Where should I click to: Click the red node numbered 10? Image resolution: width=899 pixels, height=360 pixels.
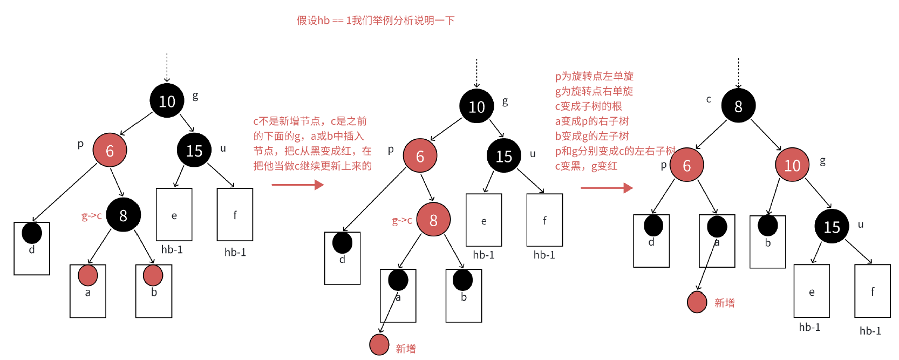(x=792, y=165)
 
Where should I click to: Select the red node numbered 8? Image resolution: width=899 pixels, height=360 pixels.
(x=433, y=220)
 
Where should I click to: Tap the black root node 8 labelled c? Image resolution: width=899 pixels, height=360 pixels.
(x=738, y=106)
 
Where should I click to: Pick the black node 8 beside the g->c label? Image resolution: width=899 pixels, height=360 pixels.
(x=123, y=215)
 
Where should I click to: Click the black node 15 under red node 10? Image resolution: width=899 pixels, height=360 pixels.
(x=832, y=226)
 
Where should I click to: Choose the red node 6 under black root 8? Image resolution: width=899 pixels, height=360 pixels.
(x=686, y=165)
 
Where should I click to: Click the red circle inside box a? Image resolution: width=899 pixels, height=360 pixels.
(x=87, y=275)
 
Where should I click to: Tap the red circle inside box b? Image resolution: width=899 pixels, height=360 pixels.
(x=153, y=275)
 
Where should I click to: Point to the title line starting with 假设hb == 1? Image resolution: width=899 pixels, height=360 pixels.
(x=376, y=21)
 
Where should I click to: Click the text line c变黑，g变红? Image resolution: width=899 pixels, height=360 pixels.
(x=586, y=166)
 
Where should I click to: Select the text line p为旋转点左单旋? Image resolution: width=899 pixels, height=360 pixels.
(x=594, y=76)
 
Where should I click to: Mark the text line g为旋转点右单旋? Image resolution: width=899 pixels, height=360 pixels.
(x=594, y=91)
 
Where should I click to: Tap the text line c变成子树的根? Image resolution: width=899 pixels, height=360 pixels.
(x=589, y=106)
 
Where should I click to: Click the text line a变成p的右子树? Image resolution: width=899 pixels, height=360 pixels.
(x=592, y=121)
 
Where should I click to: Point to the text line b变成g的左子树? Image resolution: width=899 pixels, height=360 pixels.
(x=592, y=136)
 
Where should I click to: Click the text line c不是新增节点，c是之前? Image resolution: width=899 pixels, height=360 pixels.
(x=310, y=121)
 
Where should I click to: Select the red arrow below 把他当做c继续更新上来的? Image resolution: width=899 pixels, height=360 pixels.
(x=297, y=185)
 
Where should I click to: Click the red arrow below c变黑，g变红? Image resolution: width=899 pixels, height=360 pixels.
(x=607, y=188)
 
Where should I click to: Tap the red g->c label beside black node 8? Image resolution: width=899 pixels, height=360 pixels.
(x=91, y=216)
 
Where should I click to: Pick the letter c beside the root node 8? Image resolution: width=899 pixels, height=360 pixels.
(x=709, y=99)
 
